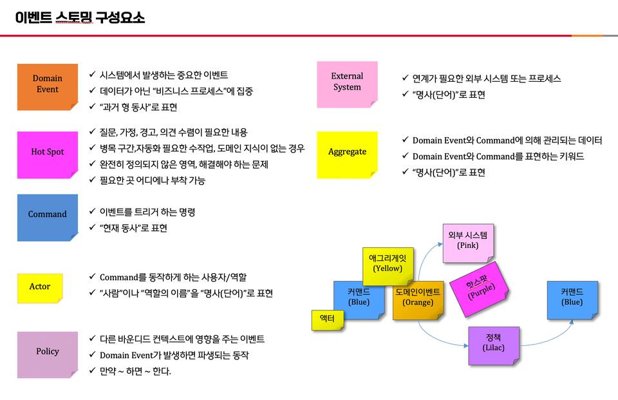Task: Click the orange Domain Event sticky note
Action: tap(47, 84)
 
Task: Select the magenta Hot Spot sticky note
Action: tap(47, 153)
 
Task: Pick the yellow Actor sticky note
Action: tap(40, 287)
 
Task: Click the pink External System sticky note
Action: tap(347, 82)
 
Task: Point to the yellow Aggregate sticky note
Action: tap(347, 153)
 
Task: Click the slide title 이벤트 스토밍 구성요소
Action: tap(80, 17)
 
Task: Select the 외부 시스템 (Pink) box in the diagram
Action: tap(468, 241)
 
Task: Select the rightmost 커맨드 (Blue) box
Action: tap(572, 298)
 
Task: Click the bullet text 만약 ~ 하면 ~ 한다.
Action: tap(135, 372)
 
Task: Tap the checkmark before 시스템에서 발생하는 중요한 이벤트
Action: tap(93, 75)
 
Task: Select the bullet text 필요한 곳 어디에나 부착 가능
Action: tap(153, 181)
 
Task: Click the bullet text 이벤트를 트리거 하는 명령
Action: tap(147, 212)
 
